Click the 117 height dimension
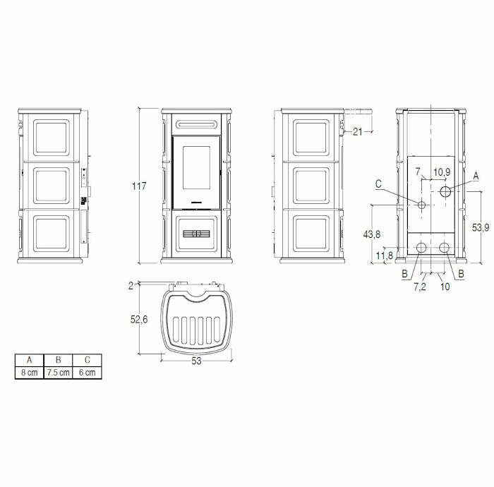point(139,186)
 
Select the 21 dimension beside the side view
point(357,131)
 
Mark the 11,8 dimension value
point(385,255)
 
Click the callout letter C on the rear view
point(379,184)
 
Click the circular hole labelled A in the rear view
point(446,191)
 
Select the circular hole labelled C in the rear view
point(421,205)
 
